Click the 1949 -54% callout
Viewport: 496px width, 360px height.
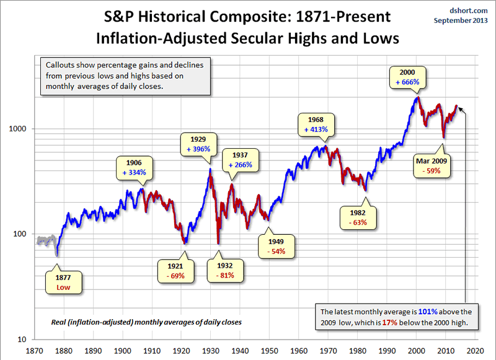point(277,246)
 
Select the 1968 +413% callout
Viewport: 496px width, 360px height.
point(316,125)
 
